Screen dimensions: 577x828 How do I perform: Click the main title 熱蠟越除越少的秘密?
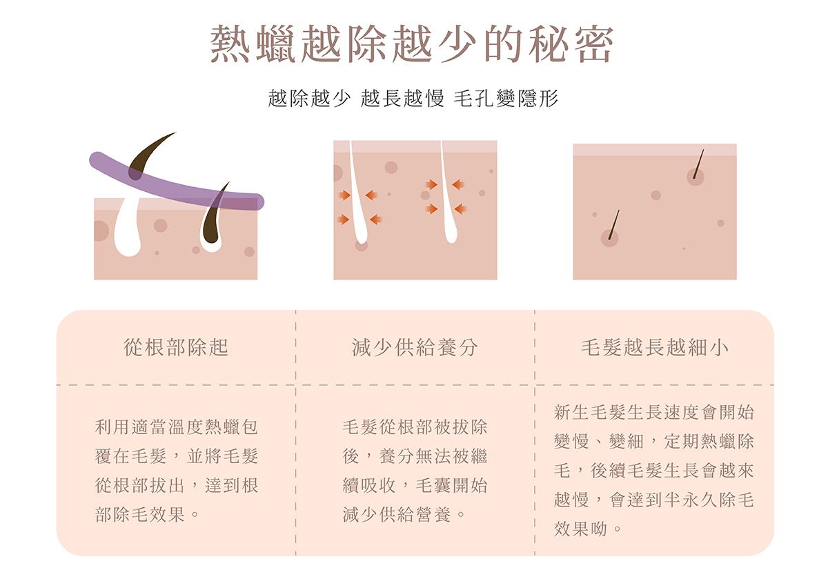click(412, 46)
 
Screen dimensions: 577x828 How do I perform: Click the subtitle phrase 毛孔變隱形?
click(506, 99)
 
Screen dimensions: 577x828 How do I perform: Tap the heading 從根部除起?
click(176, 347)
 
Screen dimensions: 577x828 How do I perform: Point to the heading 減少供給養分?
click(415, 347)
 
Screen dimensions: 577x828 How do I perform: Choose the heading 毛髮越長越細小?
click(654, 347)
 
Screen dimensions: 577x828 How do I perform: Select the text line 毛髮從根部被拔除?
click(415, 427)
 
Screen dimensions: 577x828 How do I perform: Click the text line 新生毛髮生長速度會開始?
click(654, 413)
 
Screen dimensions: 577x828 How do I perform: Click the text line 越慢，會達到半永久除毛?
click(654, 500)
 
